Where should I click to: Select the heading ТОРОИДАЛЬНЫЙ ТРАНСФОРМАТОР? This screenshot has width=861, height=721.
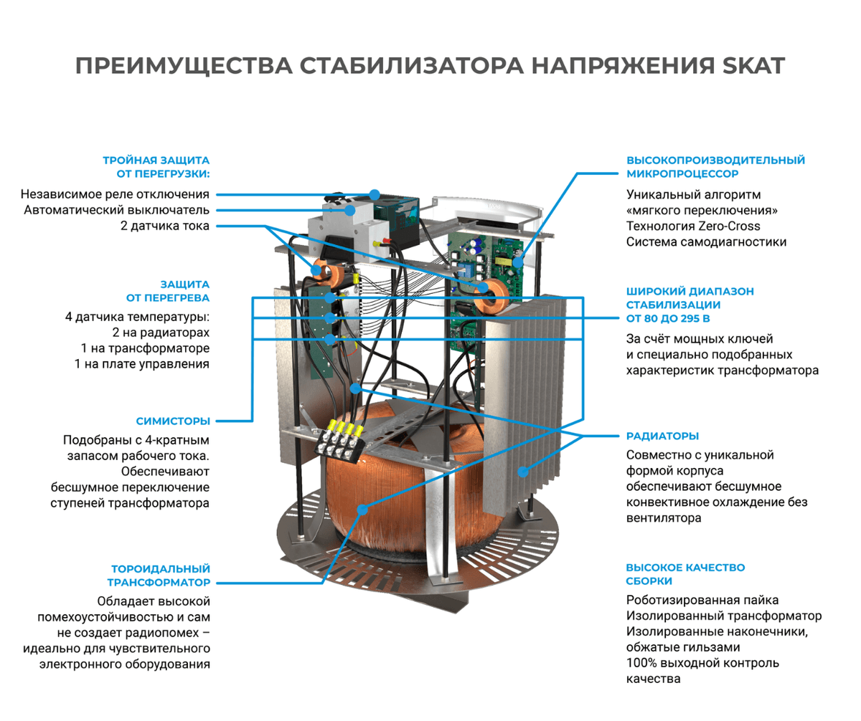159,576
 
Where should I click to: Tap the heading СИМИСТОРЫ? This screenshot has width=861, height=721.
173,421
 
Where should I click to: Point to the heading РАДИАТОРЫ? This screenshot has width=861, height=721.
663,436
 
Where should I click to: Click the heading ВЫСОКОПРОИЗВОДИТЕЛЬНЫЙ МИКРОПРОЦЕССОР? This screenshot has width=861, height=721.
715,167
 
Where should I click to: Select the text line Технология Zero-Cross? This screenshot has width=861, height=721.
693,226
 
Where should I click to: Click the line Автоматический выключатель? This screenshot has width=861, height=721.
117,210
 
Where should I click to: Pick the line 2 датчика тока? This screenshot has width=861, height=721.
165,226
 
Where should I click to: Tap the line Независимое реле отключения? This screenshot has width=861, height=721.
115,194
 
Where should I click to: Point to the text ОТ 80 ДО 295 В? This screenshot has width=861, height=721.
668,318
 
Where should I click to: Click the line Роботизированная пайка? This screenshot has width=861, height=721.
702,600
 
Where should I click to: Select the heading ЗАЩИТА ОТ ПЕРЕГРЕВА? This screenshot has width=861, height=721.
168,291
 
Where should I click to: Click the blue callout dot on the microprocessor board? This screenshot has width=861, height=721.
518,262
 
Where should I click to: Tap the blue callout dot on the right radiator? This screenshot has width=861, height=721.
523,472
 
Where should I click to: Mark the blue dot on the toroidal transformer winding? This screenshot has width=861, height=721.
362,510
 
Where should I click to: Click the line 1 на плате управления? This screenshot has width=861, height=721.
142,364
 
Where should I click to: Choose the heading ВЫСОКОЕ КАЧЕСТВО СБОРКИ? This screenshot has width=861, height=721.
685,574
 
